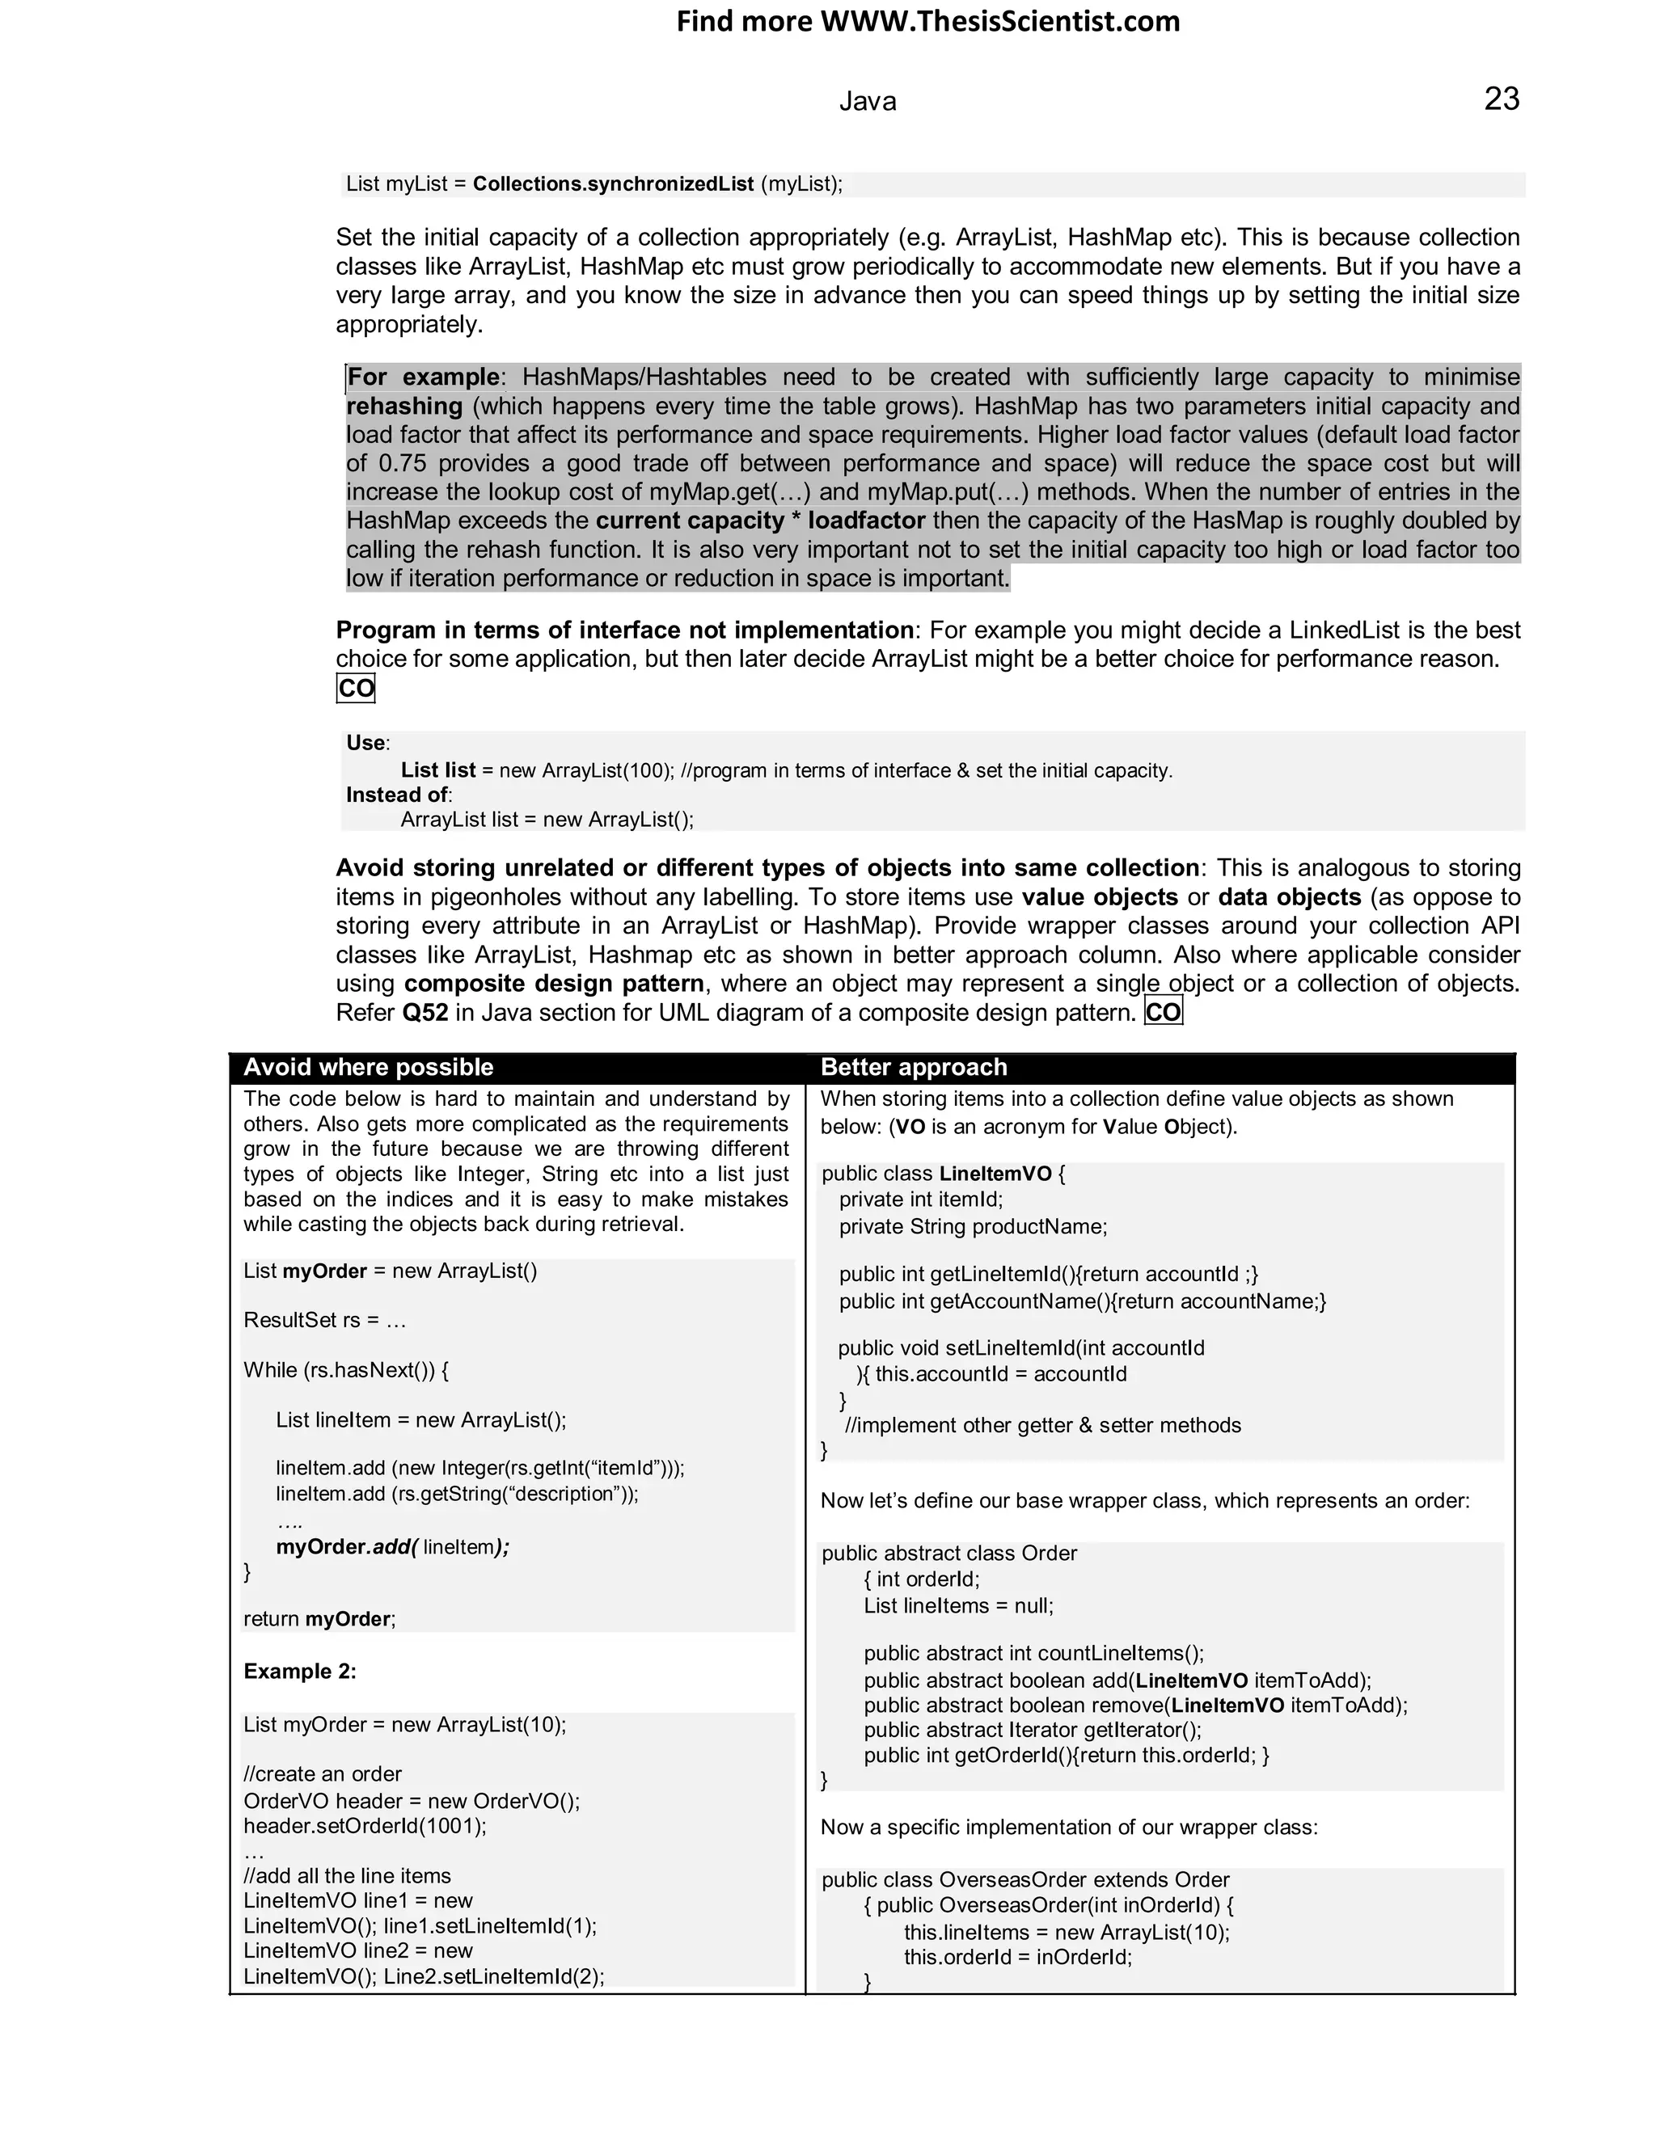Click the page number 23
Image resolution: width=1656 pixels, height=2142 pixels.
[1501, 99]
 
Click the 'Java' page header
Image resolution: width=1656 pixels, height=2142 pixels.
[868, 101]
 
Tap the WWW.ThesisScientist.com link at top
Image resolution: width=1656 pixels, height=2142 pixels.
[999, 22]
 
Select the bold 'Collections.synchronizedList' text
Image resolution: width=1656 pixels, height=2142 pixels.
[613, 184]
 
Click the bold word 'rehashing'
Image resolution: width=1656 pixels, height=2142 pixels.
[404, 406]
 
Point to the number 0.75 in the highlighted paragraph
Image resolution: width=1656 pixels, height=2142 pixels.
[400, 463]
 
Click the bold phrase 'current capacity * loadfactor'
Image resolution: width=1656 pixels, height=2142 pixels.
[760, 521]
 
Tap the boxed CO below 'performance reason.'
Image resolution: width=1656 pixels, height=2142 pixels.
[355, 689]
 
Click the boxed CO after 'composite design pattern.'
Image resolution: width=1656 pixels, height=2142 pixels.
[1164, 1012]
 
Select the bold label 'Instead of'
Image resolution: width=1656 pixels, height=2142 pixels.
[396, 795]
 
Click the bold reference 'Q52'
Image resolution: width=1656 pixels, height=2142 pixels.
[425, 1012]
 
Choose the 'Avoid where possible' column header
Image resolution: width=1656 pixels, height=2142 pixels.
[368, 1067]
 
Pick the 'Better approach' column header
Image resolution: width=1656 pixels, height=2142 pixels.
[914, 1067]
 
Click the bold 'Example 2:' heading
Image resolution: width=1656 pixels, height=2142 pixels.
[299, 1672]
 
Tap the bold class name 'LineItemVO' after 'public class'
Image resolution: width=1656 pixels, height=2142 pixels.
[995, 1174]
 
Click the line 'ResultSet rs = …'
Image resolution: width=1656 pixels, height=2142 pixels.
[325, 1320]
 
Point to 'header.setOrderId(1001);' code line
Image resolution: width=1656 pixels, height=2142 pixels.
[365, 1826]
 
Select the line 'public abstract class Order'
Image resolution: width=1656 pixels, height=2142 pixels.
[948, 1554]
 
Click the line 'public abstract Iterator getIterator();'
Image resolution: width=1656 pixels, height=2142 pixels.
[1032, 1730]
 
